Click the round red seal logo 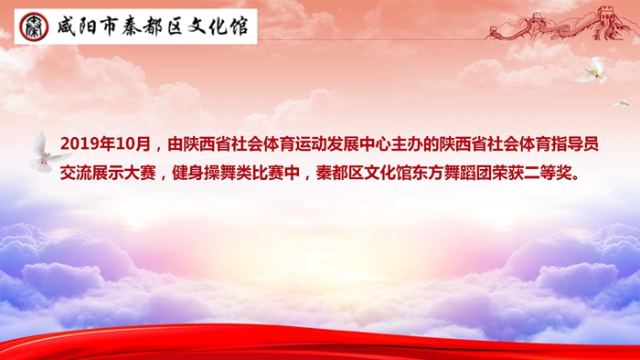(35, 26)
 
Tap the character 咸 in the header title (67, 26)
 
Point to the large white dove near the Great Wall (591, 70)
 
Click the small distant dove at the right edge (623, 104)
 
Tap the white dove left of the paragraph (47, 152)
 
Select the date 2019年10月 (106, 144)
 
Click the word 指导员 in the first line (575, 144)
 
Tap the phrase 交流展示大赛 (108, 174)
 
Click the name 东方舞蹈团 (460, 174)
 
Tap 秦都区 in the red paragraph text (340, 174)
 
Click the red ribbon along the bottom (320, 344)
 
